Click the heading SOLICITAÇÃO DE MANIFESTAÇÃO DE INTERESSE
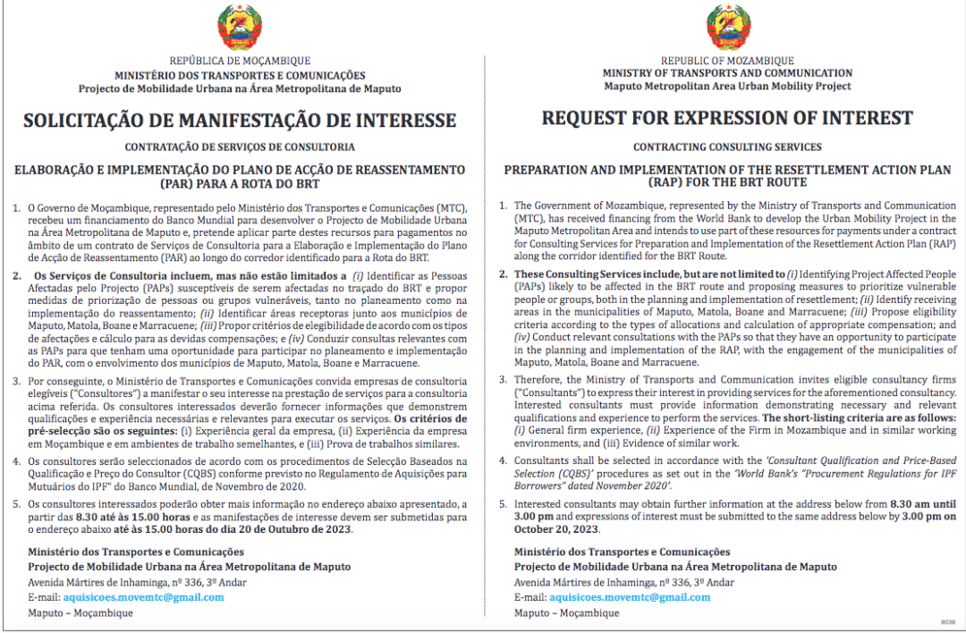pyautogui.click(x=240, y=121)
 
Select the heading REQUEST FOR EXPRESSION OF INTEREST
pyautogui.click(x=727, y=118)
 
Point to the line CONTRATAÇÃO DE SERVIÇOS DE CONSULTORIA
pyautogui.click(x=240, y=147)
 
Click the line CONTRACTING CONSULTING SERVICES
pyautogui.click(x=727, y=147)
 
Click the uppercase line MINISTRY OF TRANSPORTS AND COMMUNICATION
pyautogui.click(x=727, y=73)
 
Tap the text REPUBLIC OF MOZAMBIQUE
pyautogui.click(x=727, y=61)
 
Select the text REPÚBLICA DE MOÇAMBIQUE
pyautogui.click(x=240, y=63)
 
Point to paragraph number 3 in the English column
pyautogui.click(x=503, y=380)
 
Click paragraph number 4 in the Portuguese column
pyautogui.click(x=17, y=461)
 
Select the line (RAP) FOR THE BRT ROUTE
pyautogui.click(x=727, y=181)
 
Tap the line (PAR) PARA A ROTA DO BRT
pyautogui.click(x=240, y=182)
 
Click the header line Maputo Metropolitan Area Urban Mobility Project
pyautogui.click(x=727, y=87)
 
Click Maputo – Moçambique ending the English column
pyautogui.click(x=566, y=613)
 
